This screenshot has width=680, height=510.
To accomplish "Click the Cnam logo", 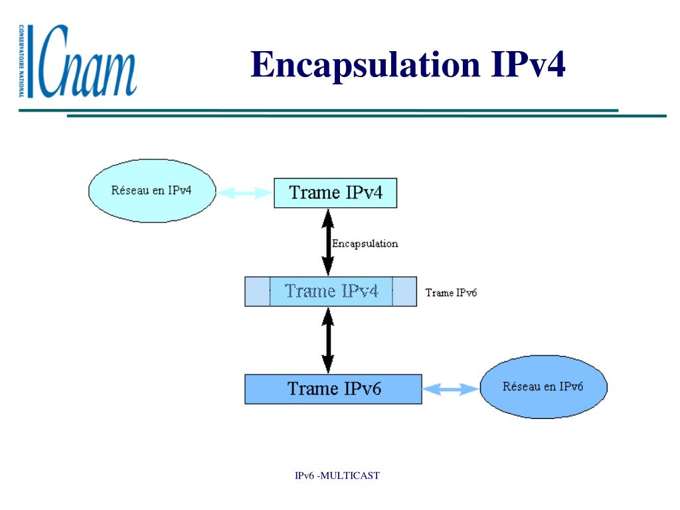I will pos(80,61).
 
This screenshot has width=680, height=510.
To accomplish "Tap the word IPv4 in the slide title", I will pos(528,66).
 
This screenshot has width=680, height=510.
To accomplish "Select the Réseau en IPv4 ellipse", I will pos(151,190).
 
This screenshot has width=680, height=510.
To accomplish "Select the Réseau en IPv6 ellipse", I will pos(543,387).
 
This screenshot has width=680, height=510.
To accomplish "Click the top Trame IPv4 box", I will pos(335,193).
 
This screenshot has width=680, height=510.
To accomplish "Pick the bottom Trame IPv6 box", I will pos(333,389).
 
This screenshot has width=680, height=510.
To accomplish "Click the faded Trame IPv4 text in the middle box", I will pos(331,292).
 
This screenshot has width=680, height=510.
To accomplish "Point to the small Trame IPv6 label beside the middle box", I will pos(451,293).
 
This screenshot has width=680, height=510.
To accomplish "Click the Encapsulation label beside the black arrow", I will pos(365,244).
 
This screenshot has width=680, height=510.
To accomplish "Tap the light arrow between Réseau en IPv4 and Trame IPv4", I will pos(245,193).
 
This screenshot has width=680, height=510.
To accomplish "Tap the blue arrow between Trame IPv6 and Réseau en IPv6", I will pos(450,390).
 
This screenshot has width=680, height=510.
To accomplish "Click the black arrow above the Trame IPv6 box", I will pos(327,340).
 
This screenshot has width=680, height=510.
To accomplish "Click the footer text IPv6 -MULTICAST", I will pos(337,475).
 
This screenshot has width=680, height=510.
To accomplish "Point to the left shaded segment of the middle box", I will pos(258,292).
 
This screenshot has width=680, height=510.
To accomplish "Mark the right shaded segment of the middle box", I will pos(404,292).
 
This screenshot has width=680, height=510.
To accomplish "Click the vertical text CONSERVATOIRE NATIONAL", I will pos(22,61).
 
